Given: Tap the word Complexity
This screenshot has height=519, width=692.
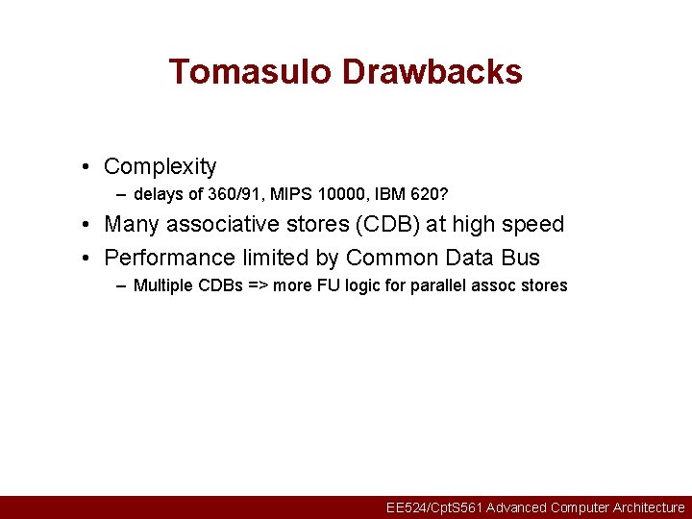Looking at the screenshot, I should click(x=161, y=167).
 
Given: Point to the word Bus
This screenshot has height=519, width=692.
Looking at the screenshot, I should click(x=520, y=258).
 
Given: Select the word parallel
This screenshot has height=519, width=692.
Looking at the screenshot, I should click(x=429, y=285).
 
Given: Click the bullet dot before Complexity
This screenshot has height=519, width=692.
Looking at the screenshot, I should click(x=86, y=167).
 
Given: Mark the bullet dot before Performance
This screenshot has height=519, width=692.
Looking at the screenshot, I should click(x=86, y=258).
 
